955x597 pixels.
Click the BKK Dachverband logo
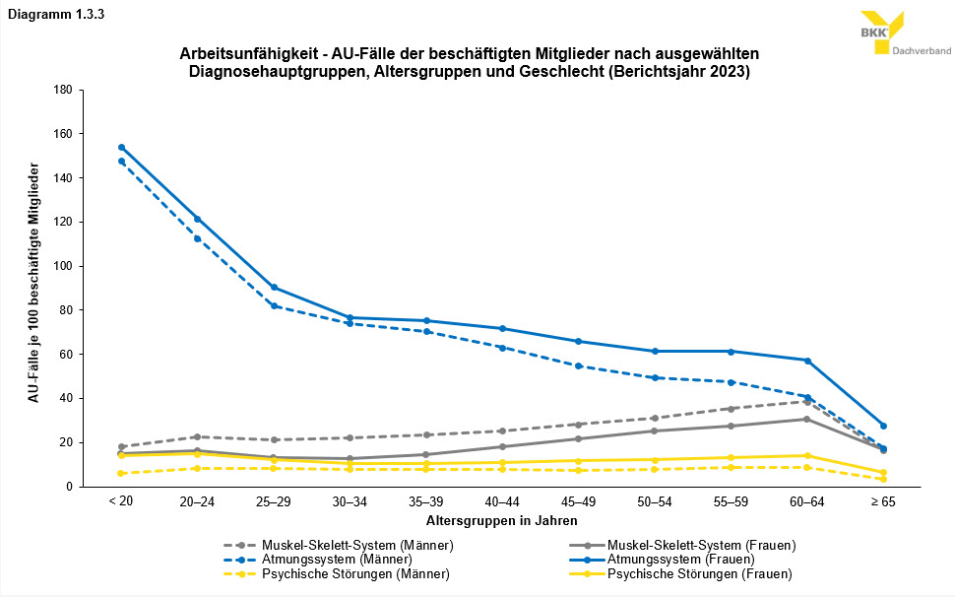click(904, 34)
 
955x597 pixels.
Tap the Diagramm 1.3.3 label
click(51, 13)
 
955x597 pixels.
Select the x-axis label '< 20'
click(120, 502)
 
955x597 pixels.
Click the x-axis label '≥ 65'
click(883, 502)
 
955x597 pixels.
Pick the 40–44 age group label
click(502, 502)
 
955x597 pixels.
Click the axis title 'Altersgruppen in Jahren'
click(502, 519)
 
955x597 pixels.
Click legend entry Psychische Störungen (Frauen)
click(699, 573)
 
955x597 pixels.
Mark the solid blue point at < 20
click(121, 147)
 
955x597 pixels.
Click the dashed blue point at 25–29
click(274, 305)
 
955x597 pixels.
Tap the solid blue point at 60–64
click(807, 361)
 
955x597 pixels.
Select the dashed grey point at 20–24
click(197, 436)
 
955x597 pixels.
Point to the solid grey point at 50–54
click(655, 431)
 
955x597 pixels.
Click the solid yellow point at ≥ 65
click(884, 473)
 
